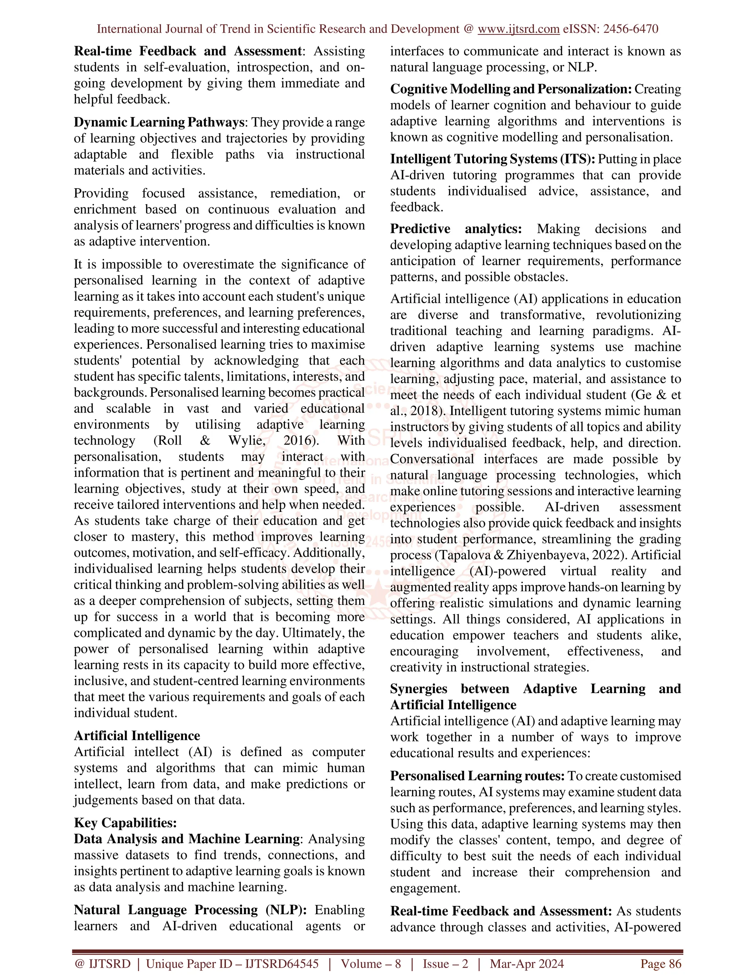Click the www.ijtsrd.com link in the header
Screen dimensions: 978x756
[518, 29]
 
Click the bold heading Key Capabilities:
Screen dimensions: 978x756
[126, 823]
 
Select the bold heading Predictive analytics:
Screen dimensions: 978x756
[456, 229]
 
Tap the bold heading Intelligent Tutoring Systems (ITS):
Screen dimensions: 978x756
[493, 159]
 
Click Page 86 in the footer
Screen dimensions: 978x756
[661, 964]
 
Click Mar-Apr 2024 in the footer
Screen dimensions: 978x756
[527, 964]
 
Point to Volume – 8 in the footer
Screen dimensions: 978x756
[371, 964]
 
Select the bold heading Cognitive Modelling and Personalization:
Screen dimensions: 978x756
[511, 89]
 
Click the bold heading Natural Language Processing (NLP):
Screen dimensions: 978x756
[190, 910]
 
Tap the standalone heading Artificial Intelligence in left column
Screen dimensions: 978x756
[137, 736]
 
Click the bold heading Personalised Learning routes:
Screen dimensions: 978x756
[477, 776]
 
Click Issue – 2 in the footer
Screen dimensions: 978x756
[445, 964]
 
